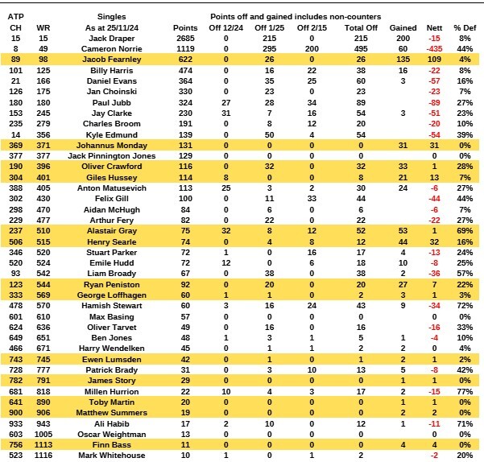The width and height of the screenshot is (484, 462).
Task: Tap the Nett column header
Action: click(434, 27)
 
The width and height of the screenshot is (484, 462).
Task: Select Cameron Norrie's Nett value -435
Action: click(434, 49)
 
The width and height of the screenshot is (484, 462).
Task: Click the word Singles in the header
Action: click(111, 16)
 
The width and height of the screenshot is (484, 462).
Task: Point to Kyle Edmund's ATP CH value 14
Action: click(15, 134)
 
